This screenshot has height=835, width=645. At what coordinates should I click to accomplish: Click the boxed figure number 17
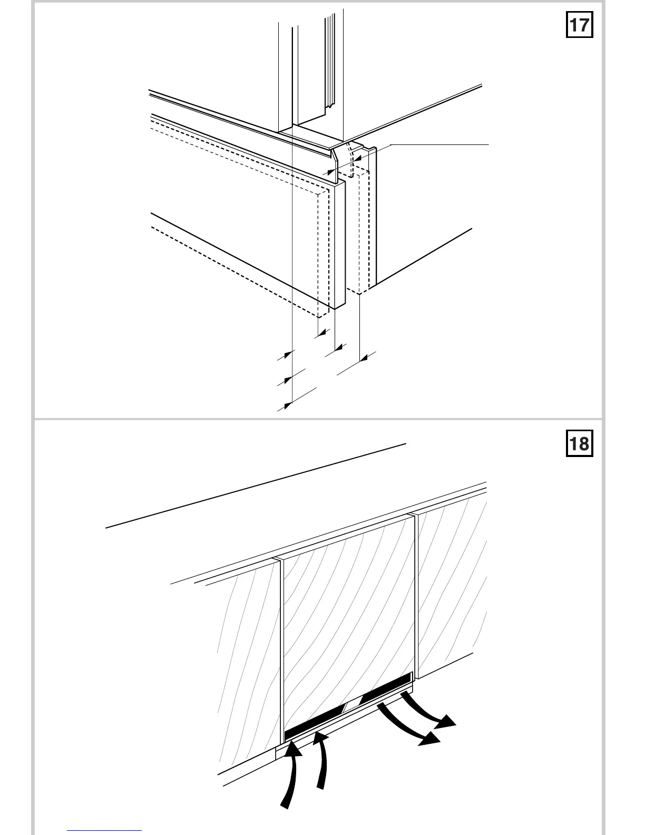point(579,25)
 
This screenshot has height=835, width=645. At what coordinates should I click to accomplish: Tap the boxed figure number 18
point(579,443)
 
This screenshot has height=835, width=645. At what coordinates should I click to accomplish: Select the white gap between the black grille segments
point(352,706)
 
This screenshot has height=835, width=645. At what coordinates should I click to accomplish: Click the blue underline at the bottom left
point(104,831)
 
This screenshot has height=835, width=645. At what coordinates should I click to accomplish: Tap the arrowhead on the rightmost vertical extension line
point(364,358)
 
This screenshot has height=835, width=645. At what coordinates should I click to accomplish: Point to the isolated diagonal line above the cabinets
point(256,486)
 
